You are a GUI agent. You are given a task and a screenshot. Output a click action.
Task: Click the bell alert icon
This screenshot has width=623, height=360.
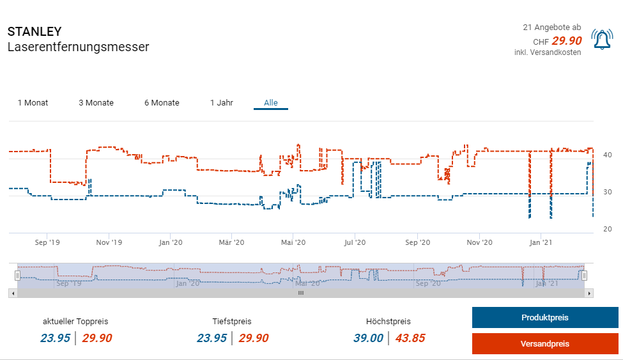(x=601, y=40)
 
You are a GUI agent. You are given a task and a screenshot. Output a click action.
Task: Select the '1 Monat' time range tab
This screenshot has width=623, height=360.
(x=33, y=102)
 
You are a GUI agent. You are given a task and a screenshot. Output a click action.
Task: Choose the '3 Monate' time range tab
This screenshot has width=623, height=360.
(x=96, y=102)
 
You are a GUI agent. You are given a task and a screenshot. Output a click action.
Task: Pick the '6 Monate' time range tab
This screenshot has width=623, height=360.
(x=162, y=102)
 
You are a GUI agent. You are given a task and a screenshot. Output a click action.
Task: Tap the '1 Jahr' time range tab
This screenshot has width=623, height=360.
(x=221, y=102)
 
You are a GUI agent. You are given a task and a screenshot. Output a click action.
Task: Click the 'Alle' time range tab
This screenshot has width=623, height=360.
(x=271, y=102)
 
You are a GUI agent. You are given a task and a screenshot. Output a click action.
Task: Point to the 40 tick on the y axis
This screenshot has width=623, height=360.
(x=608, y=155)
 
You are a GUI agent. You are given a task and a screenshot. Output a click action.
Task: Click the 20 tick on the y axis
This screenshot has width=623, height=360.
(x=608, y=229)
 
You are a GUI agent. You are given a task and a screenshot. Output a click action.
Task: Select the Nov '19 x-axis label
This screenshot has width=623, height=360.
(x=109, y=242)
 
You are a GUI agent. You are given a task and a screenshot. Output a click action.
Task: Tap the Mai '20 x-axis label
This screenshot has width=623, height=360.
(x=293, y=242)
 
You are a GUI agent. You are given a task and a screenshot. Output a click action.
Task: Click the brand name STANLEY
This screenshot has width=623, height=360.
(x=35, y=31)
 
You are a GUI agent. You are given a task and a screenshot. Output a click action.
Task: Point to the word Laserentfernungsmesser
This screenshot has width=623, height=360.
(x=78, y=47)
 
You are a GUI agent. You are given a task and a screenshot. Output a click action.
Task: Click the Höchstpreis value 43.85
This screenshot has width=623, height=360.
(x=410, y=338)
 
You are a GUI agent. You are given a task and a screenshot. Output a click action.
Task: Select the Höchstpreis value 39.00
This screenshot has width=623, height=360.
(x=368, y=338)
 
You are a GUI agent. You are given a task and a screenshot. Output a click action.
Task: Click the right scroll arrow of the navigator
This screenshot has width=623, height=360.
(x=590, y=293)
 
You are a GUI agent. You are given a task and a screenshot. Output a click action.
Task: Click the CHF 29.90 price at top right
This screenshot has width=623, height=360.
(x=566, y=40)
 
